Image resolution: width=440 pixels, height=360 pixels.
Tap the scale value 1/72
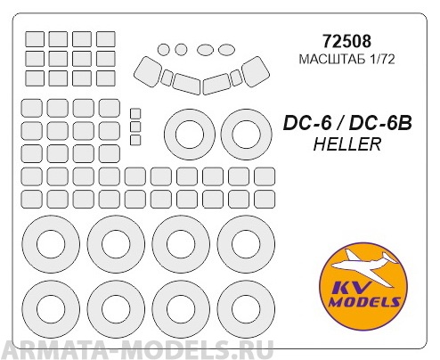click(375, 60)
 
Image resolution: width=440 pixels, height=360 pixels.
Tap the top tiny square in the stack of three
click(135, 113)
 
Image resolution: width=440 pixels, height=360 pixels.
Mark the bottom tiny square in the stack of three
click(135, 139)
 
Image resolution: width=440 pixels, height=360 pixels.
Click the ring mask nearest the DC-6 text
click(242, 135)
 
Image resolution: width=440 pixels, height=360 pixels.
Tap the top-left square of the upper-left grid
click(34, 40)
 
